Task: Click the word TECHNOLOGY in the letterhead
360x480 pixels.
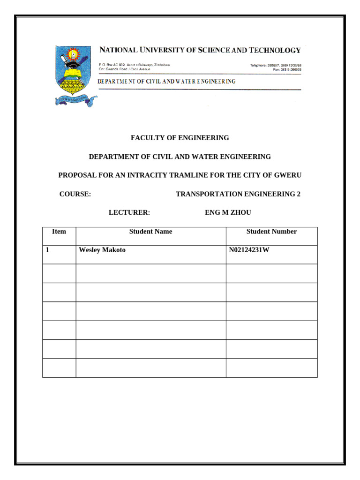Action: pyautogui.click(x=274, y=50)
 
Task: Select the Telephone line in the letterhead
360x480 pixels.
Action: pyautogui.click(x=276, y=65)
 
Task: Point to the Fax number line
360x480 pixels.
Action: pyautogui.click(x=287, y=69)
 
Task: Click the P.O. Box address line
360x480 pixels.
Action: pyautogui.click(x=134, y=65)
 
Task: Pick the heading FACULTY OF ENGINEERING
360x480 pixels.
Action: pyautogui.click(x=180, y=138)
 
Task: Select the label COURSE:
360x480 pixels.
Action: pyautogui.click(x=75, y=194)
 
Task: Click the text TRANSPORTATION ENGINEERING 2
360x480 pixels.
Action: pyautogui.click(x=238, y=194)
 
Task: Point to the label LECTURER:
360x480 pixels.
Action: pyautogui.click(x=129, y=213)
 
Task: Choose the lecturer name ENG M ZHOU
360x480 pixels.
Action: pyautogui.click(x=228, y=213)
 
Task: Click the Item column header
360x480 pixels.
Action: pyautogui.click(x=59, y=232)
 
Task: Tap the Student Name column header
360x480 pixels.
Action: pyautogui.click(x=150, y=232)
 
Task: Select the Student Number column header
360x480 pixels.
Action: pyautogui.click(x=271, y=232)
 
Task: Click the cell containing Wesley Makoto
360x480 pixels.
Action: pyautogui.click(x=102, y=250)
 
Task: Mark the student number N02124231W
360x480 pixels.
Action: pyautogui.click(x=249, y=250)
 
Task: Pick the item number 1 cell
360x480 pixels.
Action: pyautogui.click(x=48, y=250)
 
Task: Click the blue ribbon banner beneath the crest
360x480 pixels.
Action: pyautogui.click(x=75, y=100)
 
